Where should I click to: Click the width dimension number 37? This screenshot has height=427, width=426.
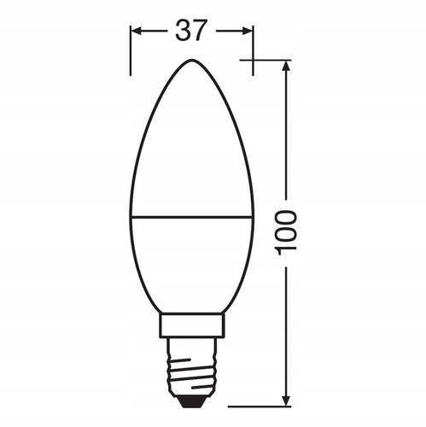tap(192, 31)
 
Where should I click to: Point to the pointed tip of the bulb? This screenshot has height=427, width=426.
tap(192, 61)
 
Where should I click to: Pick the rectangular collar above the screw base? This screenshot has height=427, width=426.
tap(192, 325)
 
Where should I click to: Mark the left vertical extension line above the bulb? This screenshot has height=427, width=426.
tap(131, 51)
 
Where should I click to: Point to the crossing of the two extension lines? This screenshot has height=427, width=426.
tap(254, 60)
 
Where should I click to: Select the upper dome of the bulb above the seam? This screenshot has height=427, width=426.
tap(192, 145)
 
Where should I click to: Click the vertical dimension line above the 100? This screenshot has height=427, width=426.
tap(287, 137)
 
